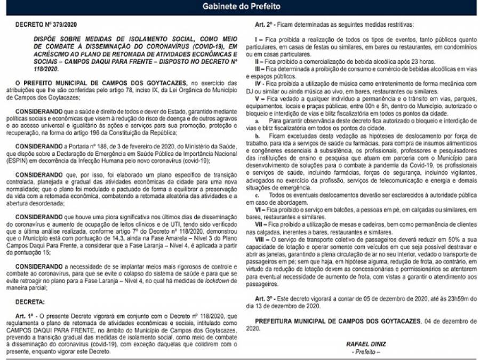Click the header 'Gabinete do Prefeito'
(x=241, y=7)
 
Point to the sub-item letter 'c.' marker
(x=257, y=196)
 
